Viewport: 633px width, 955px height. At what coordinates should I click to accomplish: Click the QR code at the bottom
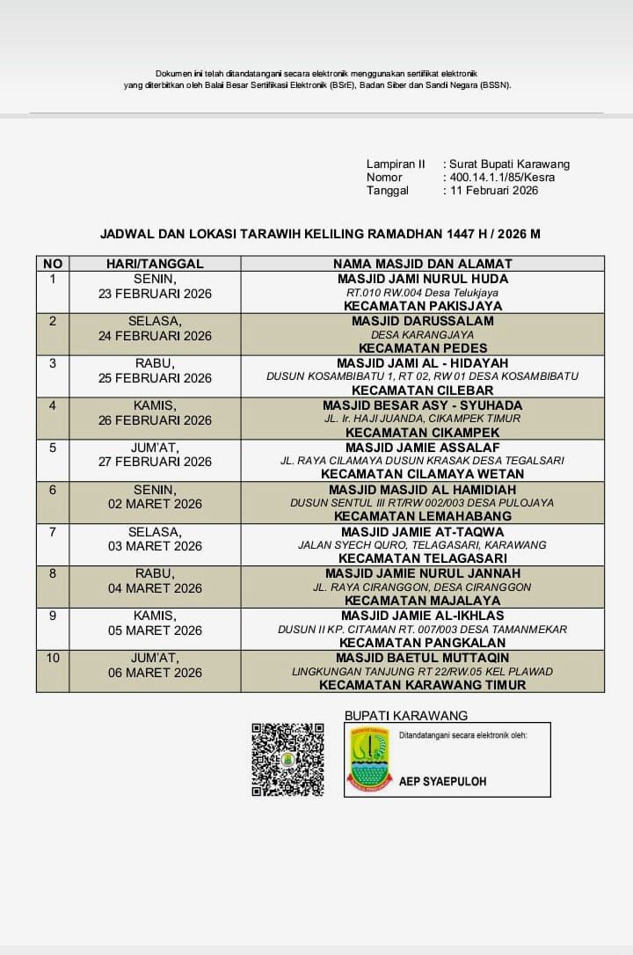tap(287, 760)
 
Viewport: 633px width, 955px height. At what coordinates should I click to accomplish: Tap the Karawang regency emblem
tap(369, 760)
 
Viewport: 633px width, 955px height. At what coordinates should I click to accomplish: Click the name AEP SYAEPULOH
tap(442, 781)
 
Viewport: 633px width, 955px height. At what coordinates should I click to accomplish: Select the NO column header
tap(53, 263)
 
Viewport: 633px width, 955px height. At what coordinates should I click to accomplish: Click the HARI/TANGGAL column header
tap(155, 263)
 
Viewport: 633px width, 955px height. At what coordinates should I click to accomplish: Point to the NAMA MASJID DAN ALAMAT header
tap(422, 263)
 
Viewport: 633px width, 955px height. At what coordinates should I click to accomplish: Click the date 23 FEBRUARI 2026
tap(155, 294)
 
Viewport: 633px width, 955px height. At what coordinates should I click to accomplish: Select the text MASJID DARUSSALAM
tap(422, 321)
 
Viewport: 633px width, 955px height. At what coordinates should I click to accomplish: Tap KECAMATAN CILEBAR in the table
tap(422, 390)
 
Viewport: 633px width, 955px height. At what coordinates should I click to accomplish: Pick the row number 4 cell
tap(53, 405)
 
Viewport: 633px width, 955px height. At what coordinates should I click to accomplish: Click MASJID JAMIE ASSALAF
tap(422, 448)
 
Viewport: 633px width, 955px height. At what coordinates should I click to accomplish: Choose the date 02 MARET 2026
tap(155, 504)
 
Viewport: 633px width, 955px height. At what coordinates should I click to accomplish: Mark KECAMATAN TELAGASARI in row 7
tap(422, 558)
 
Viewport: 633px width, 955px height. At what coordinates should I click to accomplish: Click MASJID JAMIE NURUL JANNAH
tap(422, 573)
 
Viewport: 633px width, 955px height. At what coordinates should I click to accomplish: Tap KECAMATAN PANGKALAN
tap(422, 643)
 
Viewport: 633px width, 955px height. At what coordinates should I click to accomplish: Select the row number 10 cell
tap(53, 658)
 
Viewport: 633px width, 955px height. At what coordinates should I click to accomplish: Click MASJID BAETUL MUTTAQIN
tap(422, 658)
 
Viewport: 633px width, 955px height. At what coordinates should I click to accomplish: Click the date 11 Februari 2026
tap(494, 190)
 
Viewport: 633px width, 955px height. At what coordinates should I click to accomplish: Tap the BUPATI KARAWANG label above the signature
tap(406, 716)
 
